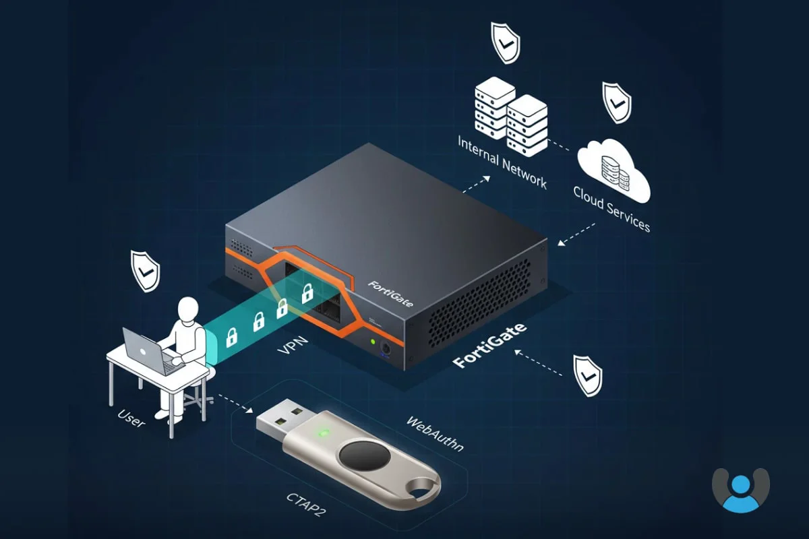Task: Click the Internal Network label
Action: tap(502, 162)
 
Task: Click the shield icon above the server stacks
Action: tap(505, 42)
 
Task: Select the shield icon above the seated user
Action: tap(145, 271)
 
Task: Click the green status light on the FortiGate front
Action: tap(372, 342)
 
